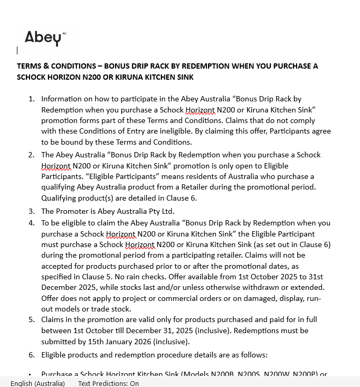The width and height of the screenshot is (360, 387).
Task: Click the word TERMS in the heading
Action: [x=29, y=66]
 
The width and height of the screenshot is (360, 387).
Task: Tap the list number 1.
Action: [x=31, y=99]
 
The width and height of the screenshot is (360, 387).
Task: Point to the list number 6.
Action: [x=31, y=355]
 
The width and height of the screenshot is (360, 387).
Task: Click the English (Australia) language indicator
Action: [x=37, y=383]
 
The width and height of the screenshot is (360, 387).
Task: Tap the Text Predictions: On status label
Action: [x=108, y=383]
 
